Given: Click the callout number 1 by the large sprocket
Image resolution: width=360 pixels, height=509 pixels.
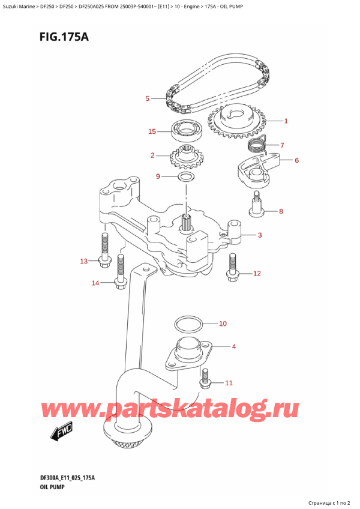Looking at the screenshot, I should click(286, 121).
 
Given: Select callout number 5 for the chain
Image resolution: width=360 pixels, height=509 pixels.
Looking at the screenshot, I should click(148, 98).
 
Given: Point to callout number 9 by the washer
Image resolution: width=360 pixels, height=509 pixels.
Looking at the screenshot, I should click(158, 176).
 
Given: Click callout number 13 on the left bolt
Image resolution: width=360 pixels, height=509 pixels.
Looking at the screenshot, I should click(84, 261).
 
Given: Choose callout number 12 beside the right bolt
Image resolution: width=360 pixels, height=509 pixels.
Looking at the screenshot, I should click(257, 274).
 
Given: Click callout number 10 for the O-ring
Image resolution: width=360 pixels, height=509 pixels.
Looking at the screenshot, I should click(223, 324).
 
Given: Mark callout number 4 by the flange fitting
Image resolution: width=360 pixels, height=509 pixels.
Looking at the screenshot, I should click(234, 346).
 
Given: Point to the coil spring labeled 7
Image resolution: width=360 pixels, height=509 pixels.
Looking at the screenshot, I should click(257, 144).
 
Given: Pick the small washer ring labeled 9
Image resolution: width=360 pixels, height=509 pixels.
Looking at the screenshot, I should click(186, 177).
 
